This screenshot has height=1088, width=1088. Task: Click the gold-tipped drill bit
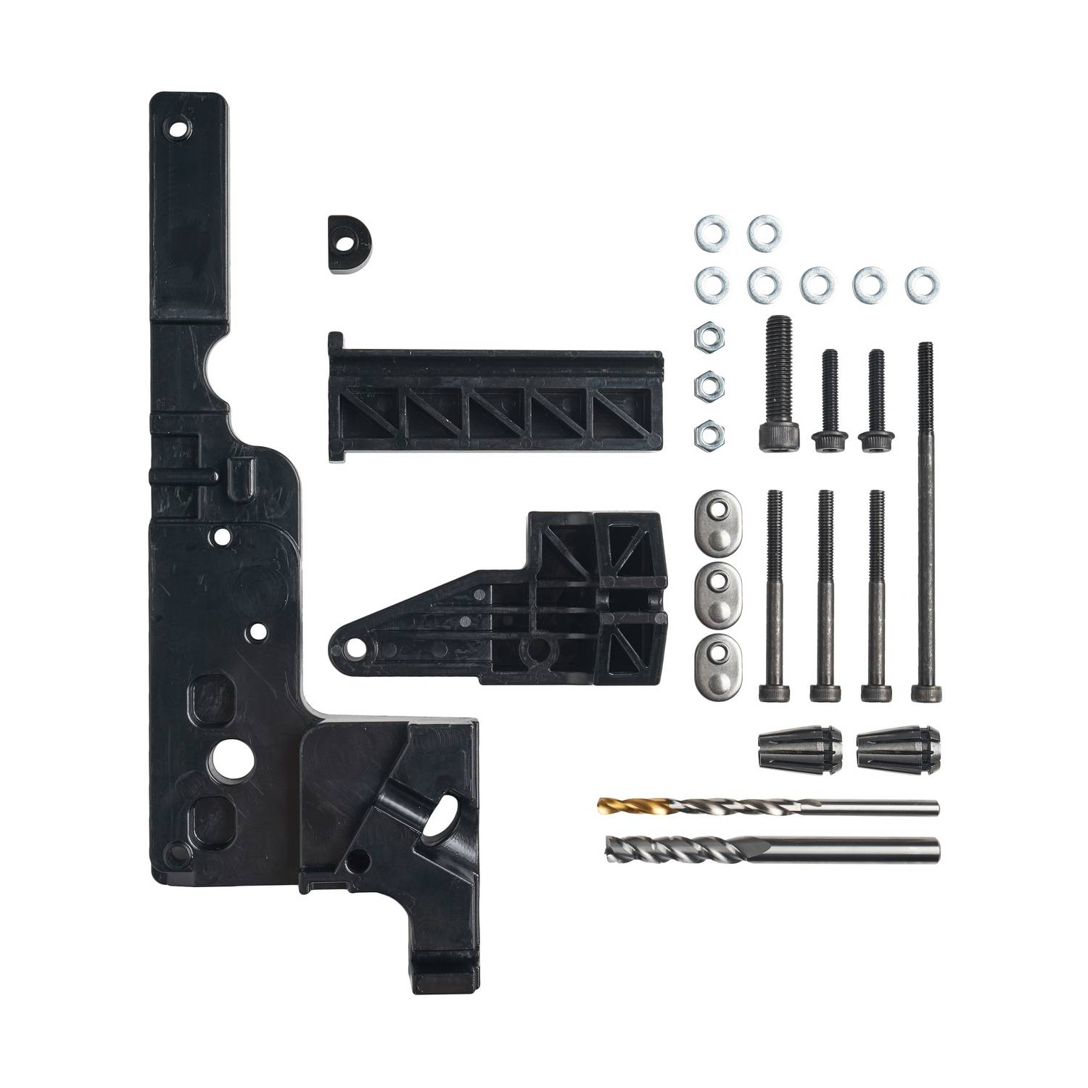click(769, 807)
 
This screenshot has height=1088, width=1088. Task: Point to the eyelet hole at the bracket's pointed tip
click(356, 645)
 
